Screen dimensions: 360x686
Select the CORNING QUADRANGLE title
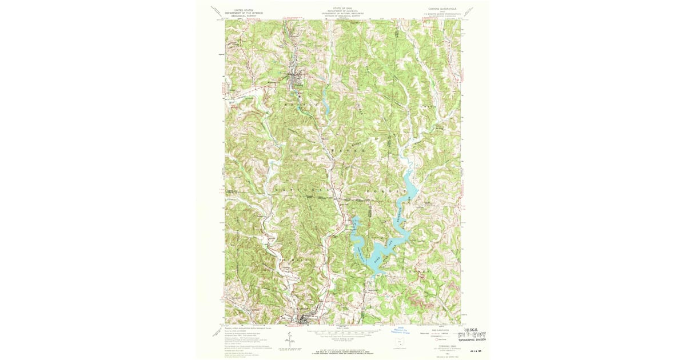(443, 9)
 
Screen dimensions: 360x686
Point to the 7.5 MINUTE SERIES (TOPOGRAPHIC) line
(443, 14)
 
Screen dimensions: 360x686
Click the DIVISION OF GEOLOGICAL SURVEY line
(342, 17)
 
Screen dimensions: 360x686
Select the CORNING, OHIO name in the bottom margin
(443, 345)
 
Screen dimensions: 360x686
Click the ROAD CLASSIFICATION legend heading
(443, 329)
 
